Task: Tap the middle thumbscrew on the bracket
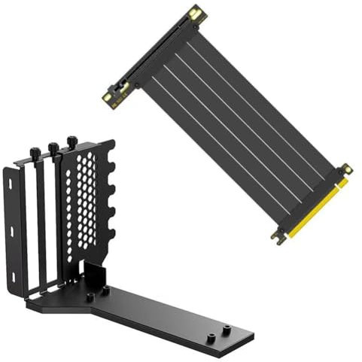point(53,148)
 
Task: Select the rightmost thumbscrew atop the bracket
point(71,141)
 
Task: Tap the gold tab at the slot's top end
point(196,13)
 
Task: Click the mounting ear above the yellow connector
point(345,170)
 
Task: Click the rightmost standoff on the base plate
point(226,330)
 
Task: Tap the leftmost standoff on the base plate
point(90,297)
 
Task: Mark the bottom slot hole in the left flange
point(14,276)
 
